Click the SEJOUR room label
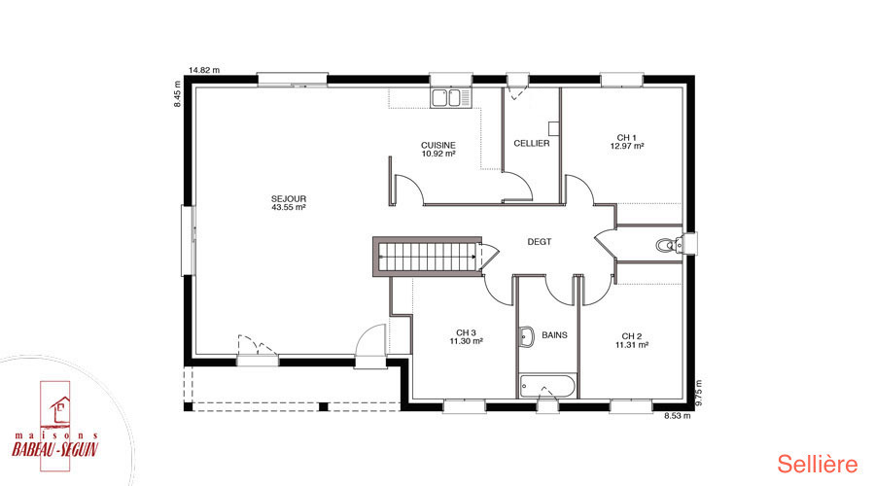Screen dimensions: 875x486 [289, 198]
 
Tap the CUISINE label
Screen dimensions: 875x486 [438, 145]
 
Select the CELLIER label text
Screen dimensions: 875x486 [531, 144]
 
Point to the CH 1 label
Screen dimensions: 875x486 [627, 137]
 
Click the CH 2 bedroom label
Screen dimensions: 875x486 [632, 336]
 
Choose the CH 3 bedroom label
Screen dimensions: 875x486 [466, 332]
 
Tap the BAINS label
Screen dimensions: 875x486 [555, 335]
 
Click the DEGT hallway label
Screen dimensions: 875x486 [539, 242]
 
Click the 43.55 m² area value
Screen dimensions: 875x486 [289, 208]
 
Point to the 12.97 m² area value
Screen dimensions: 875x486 [627, 146]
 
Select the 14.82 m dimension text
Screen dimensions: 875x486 [204, 70]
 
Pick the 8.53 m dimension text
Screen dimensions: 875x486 [677, 416]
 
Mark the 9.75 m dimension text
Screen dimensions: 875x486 [699, 394]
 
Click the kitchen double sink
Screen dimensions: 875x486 [450, 97]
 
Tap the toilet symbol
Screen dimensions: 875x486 [670, 245]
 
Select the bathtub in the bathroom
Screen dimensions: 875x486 [546, 386]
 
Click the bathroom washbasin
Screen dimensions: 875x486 [526, 336]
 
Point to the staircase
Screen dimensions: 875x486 [428, 257]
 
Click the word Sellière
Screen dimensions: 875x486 [818, 465]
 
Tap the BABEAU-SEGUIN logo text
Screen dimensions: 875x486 [54, 449]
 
